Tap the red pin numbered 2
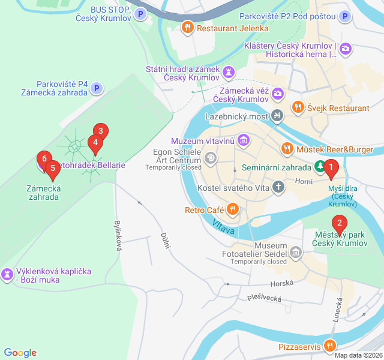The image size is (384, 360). (340, 224)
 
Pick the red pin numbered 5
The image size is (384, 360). (53, 169)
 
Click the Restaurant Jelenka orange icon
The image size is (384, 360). (188, 27)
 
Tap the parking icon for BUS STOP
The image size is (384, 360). (140, 13)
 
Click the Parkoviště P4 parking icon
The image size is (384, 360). (96, 89)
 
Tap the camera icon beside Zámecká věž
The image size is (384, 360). (277, 93)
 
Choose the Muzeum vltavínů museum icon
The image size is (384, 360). (243, 140)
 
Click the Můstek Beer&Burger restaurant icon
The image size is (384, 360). (287, 148)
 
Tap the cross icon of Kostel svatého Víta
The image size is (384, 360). (278, 187)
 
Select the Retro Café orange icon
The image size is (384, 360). (232, 209)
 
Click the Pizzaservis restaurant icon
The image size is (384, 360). (329, 345)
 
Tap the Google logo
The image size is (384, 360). (20, 353)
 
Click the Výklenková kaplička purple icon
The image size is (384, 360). (7, 274)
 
